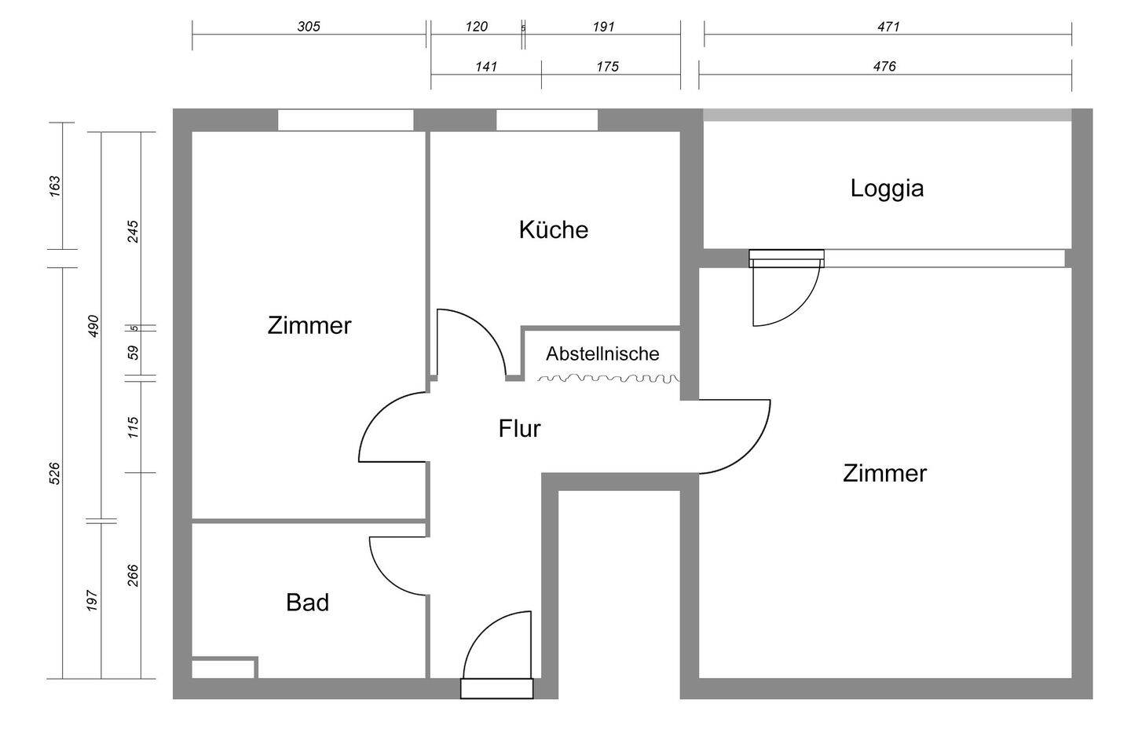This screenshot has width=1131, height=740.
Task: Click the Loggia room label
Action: (887, 189)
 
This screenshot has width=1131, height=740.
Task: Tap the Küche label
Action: (553, 229)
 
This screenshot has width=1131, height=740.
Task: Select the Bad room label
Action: (307, 603)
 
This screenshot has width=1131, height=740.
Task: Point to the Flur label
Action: (519, 429)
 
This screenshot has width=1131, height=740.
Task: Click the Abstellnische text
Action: (602, 354)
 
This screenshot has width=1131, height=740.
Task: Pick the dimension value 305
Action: (309, 26)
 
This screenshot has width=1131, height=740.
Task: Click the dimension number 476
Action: (884, 67)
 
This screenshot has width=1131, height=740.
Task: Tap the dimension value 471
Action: (888, 26)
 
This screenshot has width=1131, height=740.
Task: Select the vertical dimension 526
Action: (54, 473)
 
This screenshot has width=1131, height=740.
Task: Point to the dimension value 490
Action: (93, 325)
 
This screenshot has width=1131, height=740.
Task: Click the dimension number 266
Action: (133, 575)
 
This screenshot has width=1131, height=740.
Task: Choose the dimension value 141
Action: (486, 67)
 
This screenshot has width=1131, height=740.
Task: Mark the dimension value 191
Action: (603, 26)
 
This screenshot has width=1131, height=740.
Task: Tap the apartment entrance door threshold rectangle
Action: (496, 689)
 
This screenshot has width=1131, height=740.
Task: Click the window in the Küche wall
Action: (547, 120)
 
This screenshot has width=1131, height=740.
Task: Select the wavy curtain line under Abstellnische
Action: (608, 379)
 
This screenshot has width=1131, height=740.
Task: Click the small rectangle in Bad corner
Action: (223, 669)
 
